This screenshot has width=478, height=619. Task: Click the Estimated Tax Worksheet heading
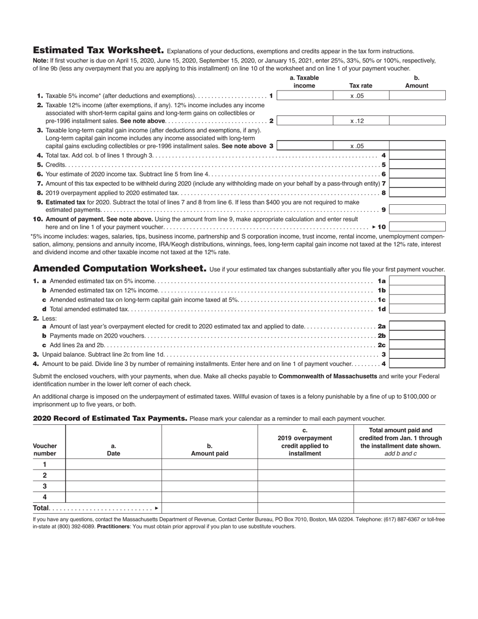[x=98, y=50]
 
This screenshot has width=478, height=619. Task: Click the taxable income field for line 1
[x=304, y=96]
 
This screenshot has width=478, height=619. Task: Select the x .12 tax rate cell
[x=361, y=121]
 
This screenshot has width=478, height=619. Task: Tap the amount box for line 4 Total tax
[x=417, y=156]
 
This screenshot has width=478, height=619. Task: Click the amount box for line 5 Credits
[x=417, y=165]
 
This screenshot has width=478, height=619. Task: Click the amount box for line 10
[x=417, y=227]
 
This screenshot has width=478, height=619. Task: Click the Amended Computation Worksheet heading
[x=119, y=269]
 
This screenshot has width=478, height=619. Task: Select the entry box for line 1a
[x=417, y=281]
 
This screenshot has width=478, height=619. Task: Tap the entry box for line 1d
[x=417, y=309]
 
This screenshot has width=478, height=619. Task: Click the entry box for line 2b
[x=417, y=336]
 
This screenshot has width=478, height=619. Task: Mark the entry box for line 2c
[x=417, y=345]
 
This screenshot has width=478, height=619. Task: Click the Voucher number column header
[x=45, y=449]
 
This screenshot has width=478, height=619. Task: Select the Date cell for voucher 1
[x=114, y=465]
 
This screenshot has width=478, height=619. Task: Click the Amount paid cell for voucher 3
[x=209, y=486]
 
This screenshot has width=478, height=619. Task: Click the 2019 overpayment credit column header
[x=305, y=442]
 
